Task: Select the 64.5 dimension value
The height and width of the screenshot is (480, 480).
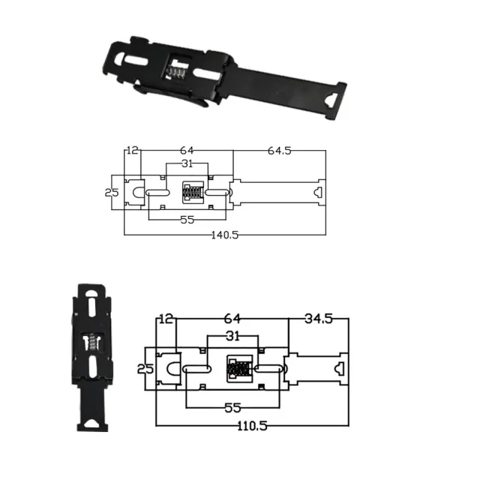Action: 279,151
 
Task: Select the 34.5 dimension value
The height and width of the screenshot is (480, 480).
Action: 319,319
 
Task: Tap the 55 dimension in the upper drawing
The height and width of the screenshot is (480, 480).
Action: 187,220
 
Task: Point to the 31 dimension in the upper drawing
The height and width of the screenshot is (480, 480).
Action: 187,164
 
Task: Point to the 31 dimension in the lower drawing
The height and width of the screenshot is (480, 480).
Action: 232,335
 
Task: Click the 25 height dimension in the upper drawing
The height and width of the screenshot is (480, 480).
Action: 112,192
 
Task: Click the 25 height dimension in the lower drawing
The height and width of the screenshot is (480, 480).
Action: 145,369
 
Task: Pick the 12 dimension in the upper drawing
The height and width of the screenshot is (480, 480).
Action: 133,151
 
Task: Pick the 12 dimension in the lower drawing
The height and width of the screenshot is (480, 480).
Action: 166,319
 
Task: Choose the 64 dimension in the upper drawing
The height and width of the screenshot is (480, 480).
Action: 187,151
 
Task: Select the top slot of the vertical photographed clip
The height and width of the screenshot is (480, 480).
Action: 89,307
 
